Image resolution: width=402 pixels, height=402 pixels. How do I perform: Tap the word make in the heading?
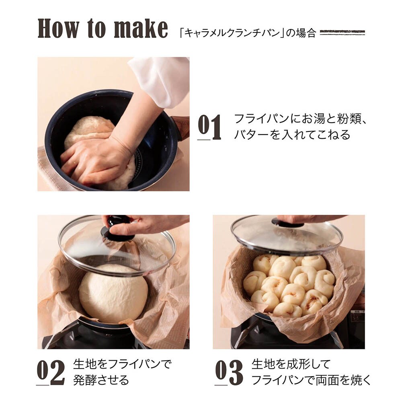[x=141, y=28]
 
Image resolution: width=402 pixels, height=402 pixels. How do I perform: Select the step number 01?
[x=209, y=127]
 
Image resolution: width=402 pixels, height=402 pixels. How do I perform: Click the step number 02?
[x=51, y=372]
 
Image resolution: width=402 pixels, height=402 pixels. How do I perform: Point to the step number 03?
[x=229, y=372]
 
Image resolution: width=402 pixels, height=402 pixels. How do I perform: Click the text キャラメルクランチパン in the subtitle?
[x=232, y=33]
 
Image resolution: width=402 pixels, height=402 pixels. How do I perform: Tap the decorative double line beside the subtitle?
[x=342, y=33]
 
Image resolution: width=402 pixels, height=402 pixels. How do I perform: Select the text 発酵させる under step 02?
[x=101, y=380]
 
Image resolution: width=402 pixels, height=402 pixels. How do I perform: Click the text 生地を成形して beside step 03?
[x=291, y=364]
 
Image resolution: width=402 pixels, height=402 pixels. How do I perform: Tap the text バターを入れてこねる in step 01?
[x=292, y=134]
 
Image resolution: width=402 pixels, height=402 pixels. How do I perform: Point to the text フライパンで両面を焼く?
[x=311, y=380]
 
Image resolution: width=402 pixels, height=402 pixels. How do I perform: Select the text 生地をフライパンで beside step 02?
[x=122, y=364]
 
